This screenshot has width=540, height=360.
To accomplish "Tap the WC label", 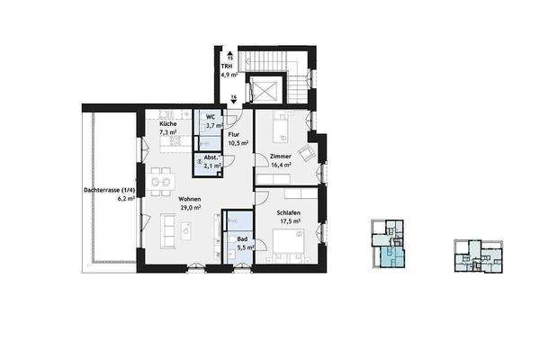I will coord(209,117).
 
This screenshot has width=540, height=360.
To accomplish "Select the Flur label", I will coord(233,133).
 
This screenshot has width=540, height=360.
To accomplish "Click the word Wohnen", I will coord(189,199).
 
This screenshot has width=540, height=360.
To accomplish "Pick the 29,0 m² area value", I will coord(189,208).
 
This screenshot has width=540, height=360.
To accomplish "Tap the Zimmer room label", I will coord(281,157).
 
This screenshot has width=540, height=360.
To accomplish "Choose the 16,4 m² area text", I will coord(281,166).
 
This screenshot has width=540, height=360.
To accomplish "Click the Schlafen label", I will coord(289,213).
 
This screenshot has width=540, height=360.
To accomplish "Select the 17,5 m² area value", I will coord(289,221).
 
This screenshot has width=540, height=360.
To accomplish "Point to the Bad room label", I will coord(241,238).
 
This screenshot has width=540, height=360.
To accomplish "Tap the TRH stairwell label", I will coord(226,67).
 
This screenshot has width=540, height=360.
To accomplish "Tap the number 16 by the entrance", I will coord(233,97).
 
